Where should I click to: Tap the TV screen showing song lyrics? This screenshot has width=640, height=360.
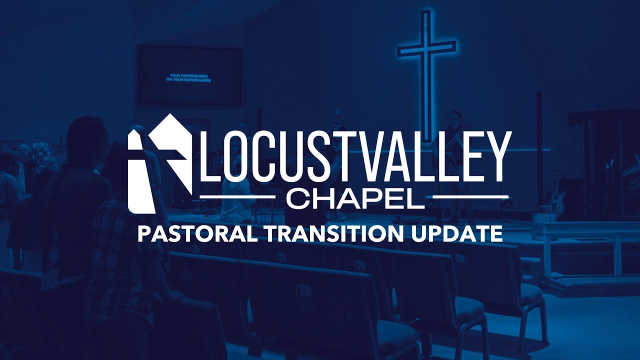coord(190,75)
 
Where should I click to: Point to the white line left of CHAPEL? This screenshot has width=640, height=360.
coord(237,197)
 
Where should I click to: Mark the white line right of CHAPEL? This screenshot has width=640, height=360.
coord(470,197)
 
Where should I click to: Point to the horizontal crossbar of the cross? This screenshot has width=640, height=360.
coord(426,48)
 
